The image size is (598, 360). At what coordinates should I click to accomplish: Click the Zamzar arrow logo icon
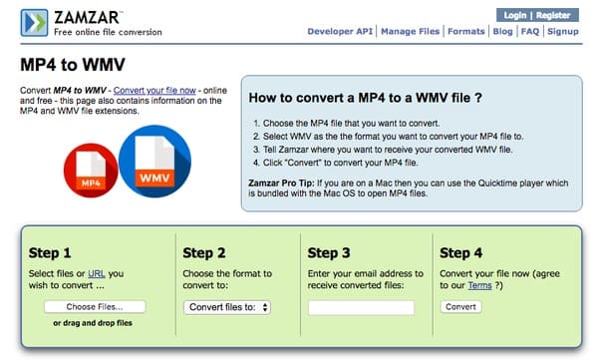tap(34, 23)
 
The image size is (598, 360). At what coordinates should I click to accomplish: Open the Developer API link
tap(340, 31)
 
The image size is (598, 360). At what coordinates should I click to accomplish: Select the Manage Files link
tap(410, 31)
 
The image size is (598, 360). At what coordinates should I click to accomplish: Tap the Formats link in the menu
tap(466, 31)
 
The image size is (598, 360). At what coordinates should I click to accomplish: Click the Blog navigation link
tap(502, 31)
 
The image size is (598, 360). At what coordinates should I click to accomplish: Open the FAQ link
tap(530, 31)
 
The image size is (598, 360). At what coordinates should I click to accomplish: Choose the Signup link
tap(563, 31)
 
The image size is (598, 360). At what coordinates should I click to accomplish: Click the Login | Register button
tap(537, 15)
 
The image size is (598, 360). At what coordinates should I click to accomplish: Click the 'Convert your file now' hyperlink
tap(154, 91)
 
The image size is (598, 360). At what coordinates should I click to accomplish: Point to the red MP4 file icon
tap(91, 171)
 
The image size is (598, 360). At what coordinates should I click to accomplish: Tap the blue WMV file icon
tap(154, 162)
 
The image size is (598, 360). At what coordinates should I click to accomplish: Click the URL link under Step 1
tap(97, 273)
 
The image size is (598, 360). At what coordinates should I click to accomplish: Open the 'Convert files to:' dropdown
tap(227, 307)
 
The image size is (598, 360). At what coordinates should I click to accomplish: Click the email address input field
tap(361, 308)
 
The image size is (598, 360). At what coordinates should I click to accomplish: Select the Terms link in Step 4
tap(479, 285)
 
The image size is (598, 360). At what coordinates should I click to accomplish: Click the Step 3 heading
tap(329, 253)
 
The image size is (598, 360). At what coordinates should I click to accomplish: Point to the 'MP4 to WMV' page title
tap(73, 65)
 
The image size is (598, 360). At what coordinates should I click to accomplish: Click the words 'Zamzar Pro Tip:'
tap(281, 183)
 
